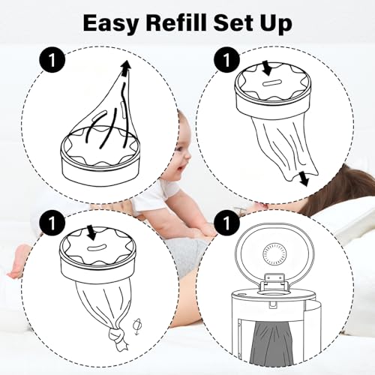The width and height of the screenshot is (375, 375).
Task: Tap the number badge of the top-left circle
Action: pyautogui.click(x=52, y=60)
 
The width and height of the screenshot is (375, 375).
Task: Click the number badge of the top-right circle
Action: pyautogui.click(x=226, y=60)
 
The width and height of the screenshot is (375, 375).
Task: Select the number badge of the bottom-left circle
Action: pyautogui.click(x=52, y=222)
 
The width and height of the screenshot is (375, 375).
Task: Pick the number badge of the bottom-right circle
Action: pyautogui.click(x=226, y=222)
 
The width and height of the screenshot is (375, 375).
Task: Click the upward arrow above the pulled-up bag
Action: pyautogui.click(x=127, y=67)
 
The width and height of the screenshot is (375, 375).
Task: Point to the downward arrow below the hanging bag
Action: pyautogui.click(x=303, y=178)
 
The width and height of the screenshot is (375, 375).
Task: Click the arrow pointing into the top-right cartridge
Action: pyautogui.click(x=267, y=68)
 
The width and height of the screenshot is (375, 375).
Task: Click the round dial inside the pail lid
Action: pyautogui.click(x=274, y=254)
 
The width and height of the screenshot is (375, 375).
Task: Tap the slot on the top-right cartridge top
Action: pyautogui.click(x=271, y=83)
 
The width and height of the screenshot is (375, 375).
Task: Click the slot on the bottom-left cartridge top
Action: pyautogui.click(x=97, y=248)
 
